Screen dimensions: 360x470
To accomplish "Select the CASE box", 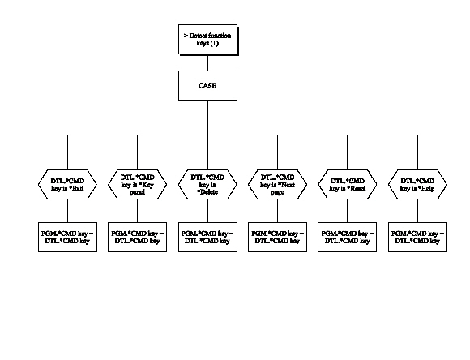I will click(207, 84).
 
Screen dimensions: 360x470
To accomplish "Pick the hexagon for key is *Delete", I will click(207, 183).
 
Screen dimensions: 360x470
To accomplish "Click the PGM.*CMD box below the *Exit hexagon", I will click(67, 236).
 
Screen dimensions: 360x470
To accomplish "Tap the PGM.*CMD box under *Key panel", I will click(137, 236).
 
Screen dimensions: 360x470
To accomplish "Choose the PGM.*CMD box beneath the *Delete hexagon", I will click(207, 236).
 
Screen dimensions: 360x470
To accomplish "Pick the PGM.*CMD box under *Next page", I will click(277, 236).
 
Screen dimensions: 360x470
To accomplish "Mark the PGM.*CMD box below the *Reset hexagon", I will click(347, 236).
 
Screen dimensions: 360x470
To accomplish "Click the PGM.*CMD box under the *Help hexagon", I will click(416, 236).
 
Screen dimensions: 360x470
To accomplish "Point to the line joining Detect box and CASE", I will click(207, 63).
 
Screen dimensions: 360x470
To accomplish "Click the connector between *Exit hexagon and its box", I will click(67, 208).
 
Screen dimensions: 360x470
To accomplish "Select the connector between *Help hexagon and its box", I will click(416, 208).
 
